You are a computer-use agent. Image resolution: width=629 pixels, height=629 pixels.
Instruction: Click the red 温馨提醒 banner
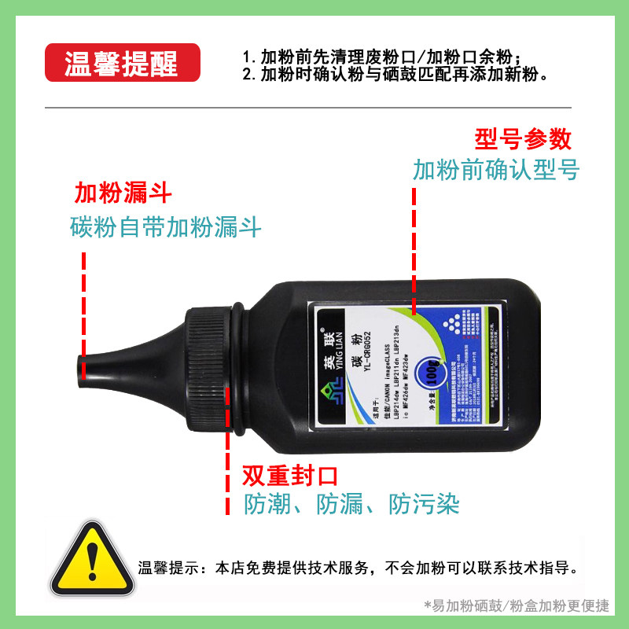pos(122,64)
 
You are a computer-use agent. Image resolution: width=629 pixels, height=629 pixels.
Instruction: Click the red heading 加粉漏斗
pos(123,193)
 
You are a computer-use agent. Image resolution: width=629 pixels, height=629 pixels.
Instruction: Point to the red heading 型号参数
pos(522,139)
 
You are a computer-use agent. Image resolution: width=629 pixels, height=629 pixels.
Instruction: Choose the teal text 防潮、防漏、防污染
pos(351,504)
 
